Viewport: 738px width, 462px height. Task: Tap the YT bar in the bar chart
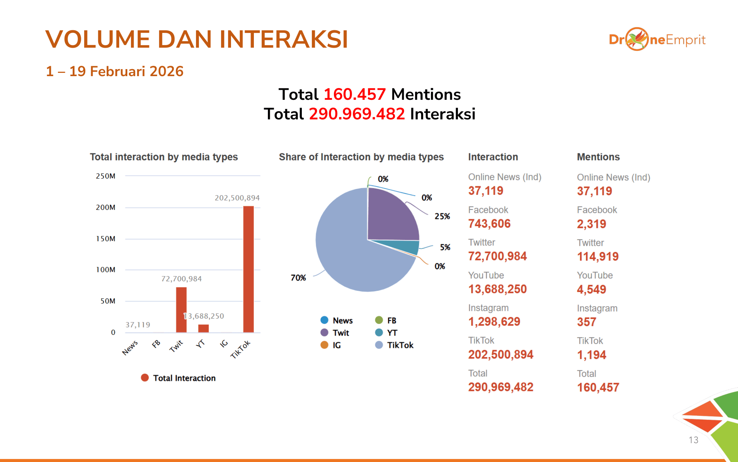[x=203, y=328]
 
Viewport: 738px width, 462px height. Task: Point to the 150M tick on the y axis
[x=106, y=239]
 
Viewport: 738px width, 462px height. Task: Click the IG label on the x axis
[x=224, y=344]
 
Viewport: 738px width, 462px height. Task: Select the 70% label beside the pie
[x=298, y=278]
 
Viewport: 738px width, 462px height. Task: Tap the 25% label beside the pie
[x=442, y=216]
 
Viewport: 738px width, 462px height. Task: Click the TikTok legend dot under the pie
[x=379, y=345]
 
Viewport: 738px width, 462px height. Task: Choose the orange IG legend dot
[x=324, y=345]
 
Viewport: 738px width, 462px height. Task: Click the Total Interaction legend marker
[x=145, y=378]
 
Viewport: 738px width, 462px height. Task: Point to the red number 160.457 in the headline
[x=355, y=94]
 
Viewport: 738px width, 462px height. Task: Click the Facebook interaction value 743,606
[x=489, y=224]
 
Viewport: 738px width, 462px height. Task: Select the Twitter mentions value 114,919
[x=598, y=257]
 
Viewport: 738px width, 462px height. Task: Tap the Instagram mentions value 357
[x=586, y=322]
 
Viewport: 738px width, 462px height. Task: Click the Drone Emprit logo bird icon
[x=637, y=39]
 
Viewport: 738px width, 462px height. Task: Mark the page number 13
[x=693, y=440]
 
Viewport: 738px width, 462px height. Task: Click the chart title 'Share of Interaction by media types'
[x=361, y=157]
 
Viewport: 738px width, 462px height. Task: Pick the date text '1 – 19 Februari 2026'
[x=114, y=71]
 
